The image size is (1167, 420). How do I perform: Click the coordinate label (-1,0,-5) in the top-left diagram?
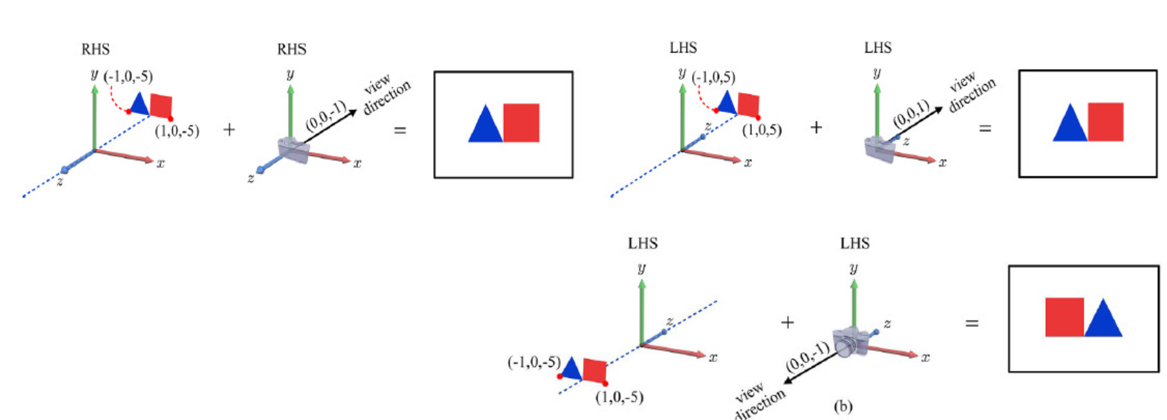click(128, 76)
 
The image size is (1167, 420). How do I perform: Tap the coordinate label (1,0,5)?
click(761, 130)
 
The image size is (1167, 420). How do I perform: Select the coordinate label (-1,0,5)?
click(714, 77)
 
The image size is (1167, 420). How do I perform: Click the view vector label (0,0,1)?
click(910, 114)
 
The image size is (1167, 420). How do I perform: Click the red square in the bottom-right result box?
click(1064, 317)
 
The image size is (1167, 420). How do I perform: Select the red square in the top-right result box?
click(1105, 122)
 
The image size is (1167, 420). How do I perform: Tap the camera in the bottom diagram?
click(850, 342)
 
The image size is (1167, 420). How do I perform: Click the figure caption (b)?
click(842, 406)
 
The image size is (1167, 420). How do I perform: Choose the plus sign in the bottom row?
click(787, 322)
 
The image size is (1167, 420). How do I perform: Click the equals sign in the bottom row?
click(971, 323)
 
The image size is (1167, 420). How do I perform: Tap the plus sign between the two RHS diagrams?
click(229, 129)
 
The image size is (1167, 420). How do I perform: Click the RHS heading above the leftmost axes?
click(95, 49)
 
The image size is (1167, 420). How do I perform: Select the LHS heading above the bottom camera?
click(854, 244)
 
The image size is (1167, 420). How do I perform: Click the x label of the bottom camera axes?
click(925, 357)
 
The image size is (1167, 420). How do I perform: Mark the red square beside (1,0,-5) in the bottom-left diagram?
click(594, 370)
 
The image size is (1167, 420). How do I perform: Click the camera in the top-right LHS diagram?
click(880, 149)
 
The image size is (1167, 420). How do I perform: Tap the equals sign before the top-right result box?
click(985, 128)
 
